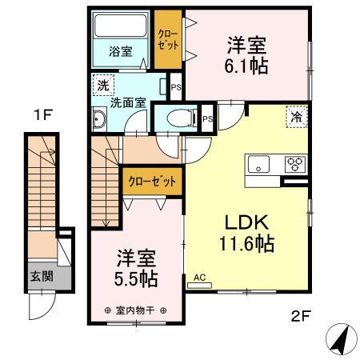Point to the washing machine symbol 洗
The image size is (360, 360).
pyautogui.click(x=102, y=85)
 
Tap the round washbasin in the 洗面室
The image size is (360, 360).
pyautogui.click(x=101, y=122)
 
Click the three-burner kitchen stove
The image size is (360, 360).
pyautogui.click(x=294, y=164)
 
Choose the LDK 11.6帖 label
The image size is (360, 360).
pyautogui.click(x=242, y=232)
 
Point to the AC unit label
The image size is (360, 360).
pyautogui.click(x=200, y=278)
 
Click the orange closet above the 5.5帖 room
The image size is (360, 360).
pyautogui.click(x=152, y=181)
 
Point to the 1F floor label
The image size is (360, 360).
pyautogui.click(x=42, y=115)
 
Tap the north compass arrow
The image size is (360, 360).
pyautogui.click(x=342, y=339)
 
